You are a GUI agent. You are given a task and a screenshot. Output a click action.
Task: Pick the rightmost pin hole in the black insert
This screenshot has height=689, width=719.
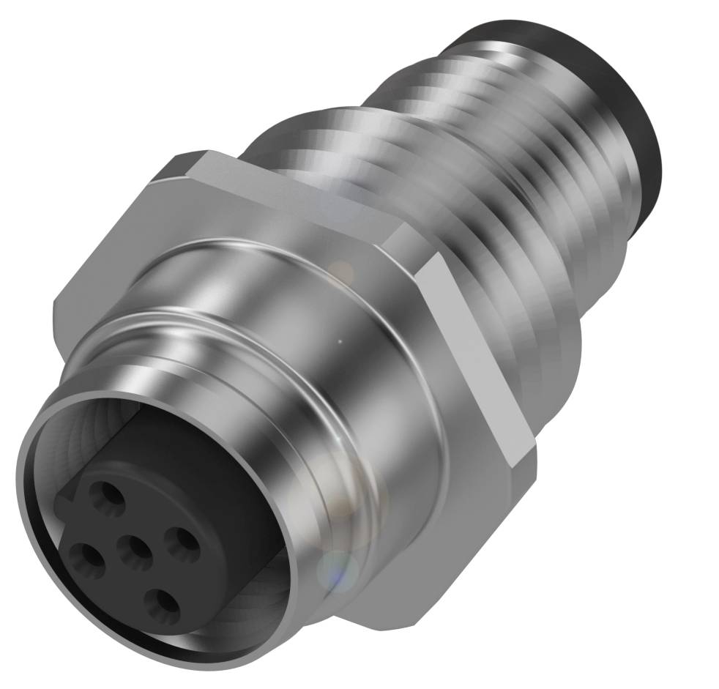tap(180, 540)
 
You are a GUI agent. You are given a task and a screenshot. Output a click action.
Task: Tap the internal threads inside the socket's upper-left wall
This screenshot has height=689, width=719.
tap(81, 432)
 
